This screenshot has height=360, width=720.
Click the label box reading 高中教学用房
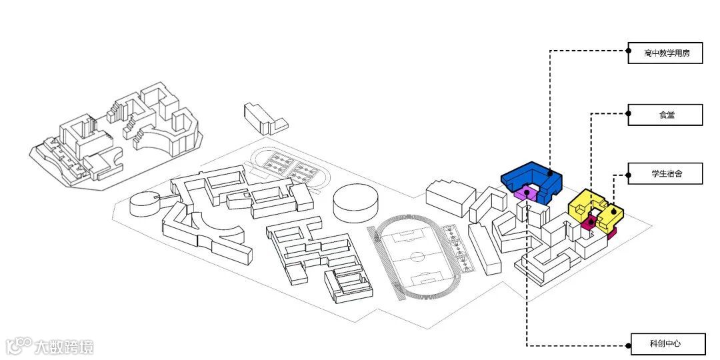[x=665, y=53]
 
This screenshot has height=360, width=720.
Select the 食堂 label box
[x=665, y=115]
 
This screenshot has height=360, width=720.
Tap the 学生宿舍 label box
[x=665, y=174]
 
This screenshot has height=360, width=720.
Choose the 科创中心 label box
[x=665, y=344]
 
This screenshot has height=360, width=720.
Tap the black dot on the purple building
[x=527, y=193]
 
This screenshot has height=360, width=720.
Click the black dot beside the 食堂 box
[x=629, y=115]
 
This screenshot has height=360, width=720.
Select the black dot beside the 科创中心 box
[x=629, y=345]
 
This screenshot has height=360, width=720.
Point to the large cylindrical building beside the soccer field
[x=351, y=203]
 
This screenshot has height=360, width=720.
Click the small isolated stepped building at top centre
[x=264, y=118]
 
